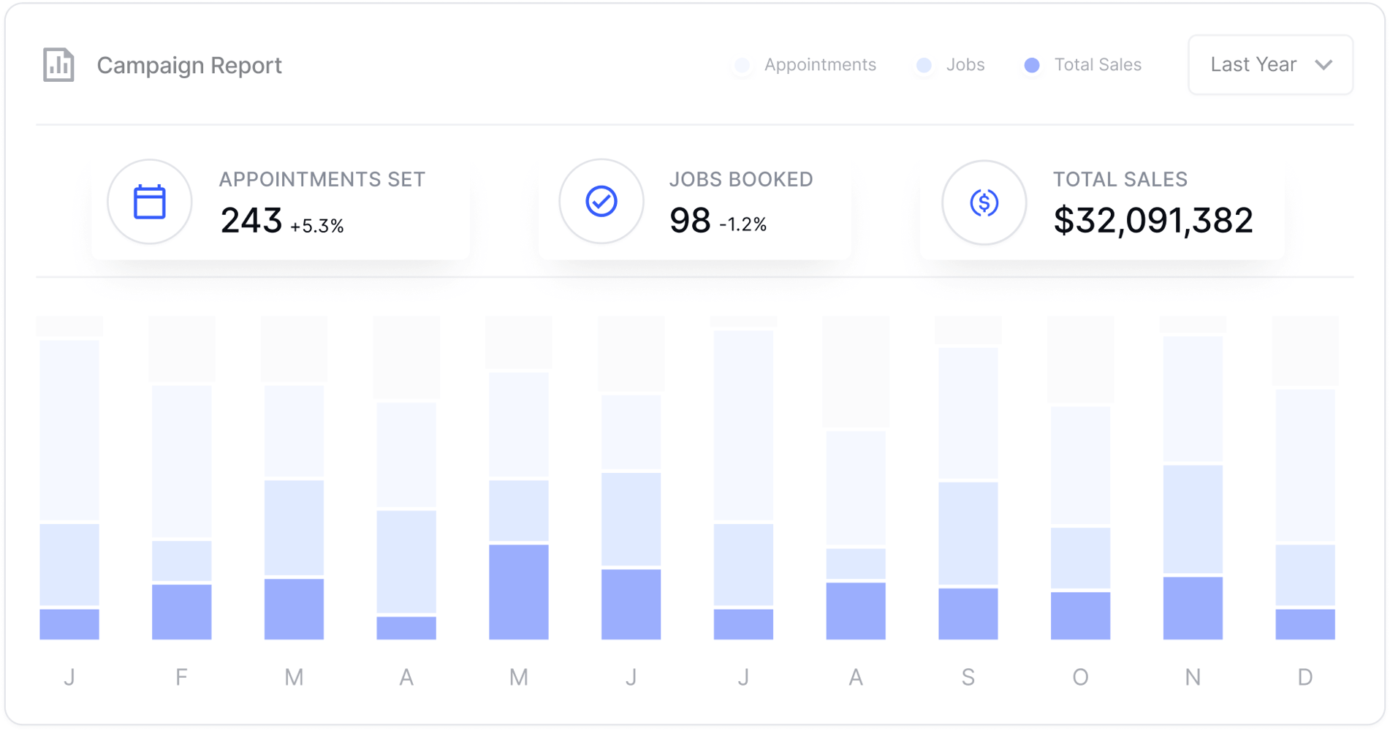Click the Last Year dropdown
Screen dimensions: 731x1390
[1270, 65]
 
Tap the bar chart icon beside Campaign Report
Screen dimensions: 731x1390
[58, 65]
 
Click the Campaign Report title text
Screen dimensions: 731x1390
[189, 66]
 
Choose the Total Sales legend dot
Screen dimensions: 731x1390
[1032, 66]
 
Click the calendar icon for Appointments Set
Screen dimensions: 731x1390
[150, 202]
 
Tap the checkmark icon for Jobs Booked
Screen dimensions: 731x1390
[601, 202]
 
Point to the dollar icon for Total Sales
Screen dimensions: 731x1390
[984, 202]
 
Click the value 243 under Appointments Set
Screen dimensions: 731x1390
[251, 221]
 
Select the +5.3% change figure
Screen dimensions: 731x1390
[316, 226]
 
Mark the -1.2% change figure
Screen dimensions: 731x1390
[743, 224]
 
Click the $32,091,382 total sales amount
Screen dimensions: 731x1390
[1152, 221]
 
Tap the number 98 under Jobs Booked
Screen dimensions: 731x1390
[689, 221]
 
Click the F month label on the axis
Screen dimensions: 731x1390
[181, 678]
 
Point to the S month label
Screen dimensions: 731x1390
[968, 678]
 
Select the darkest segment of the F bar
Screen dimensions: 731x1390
[181, 612]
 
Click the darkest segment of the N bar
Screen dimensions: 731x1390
[1193, 608]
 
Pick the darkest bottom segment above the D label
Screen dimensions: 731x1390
[1305, 624]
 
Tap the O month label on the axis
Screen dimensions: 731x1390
[1080, 678]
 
